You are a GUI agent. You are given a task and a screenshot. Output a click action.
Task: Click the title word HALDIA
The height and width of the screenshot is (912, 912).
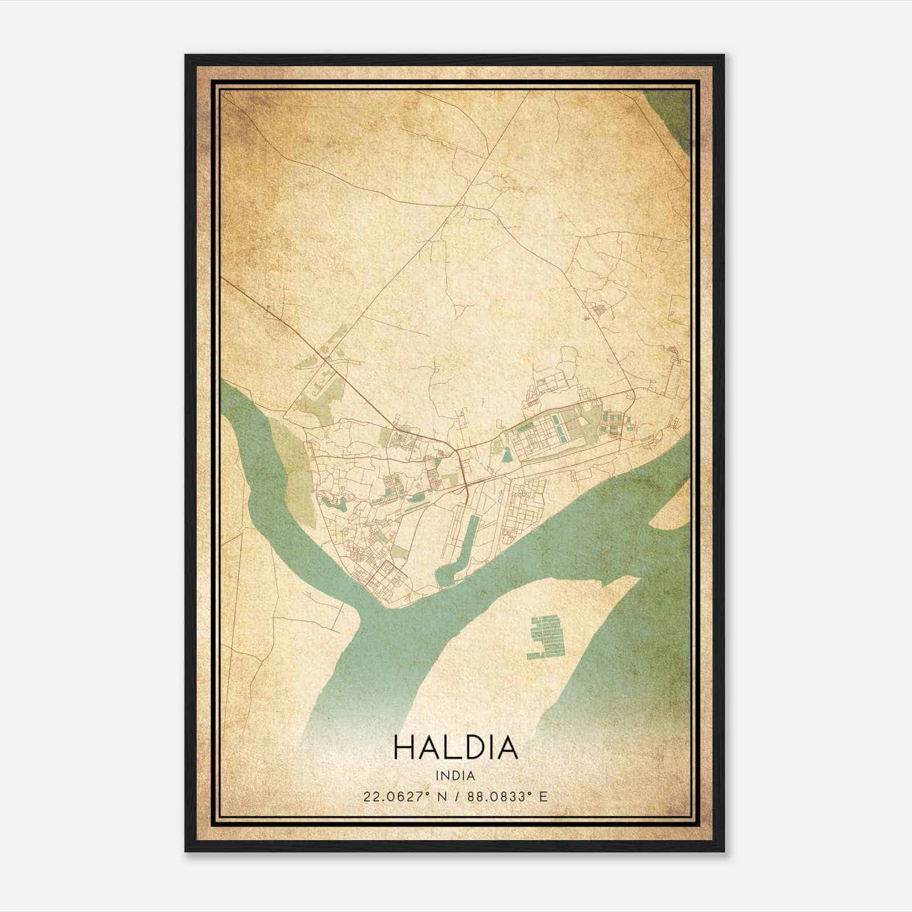[x=455, y=748]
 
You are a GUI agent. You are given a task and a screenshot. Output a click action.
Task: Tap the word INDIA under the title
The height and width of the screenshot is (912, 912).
[x=455, y=776]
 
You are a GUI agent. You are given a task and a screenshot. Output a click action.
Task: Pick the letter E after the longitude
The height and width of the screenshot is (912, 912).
[x=543, y=796]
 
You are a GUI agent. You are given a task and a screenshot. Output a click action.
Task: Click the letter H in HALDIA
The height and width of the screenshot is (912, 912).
[x=403, y=748]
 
